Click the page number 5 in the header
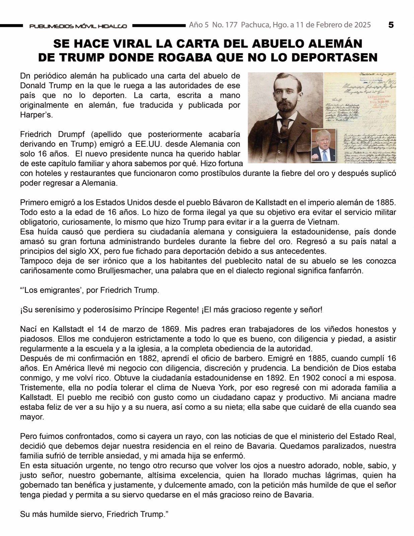(x=391, y=25)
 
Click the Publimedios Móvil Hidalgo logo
(x=78, y=26)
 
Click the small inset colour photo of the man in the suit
(x=323, y=145)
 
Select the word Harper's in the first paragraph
(x=37, y=115)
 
